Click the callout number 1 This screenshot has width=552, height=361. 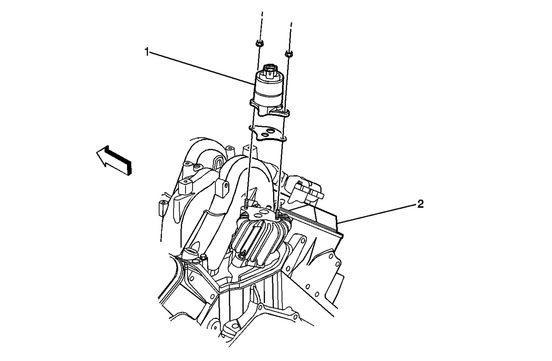147,52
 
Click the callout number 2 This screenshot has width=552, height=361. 420,204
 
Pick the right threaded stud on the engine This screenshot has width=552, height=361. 278,214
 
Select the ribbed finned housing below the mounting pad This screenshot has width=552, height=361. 257,238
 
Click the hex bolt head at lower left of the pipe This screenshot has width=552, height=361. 203,257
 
